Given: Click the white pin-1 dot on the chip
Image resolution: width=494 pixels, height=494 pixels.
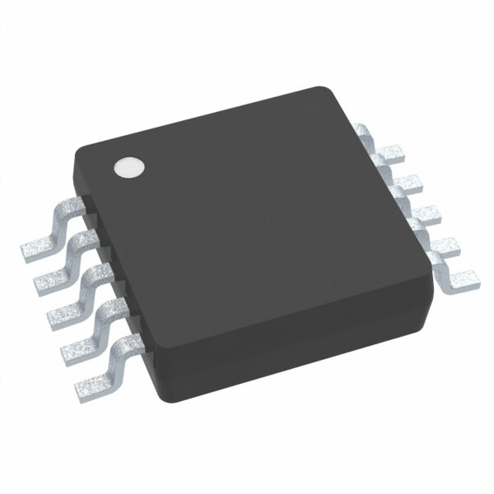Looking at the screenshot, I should [128, 167].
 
